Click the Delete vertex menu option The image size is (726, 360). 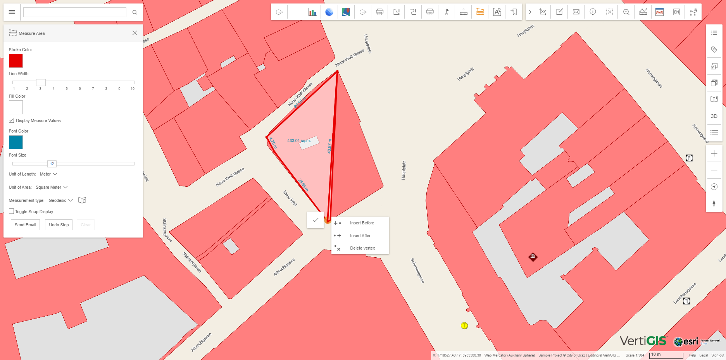point(362,248)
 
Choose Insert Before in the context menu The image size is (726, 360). point(362,223)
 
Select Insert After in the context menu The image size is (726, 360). point(360,236)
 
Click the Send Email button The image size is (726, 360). point(25,225)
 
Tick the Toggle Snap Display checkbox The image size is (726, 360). point(12,212)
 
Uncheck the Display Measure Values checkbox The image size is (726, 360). point(12,121)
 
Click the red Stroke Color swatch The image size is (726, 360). point(16,61)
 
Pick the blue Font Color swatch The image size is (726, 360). point(16,142)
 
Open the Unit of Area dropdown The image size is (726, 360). point(52,187)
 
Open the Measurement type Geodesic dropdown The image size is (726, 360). point(60,200)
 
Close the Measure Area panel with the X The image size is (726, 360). point(135,33)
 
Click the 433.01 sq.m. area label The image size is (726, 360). point(299,141)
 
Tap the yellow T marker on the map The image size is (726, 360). point(464,326)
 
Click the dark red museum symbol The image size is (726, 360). point(533,257)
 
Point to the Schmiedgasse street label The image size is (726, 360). point(417,270)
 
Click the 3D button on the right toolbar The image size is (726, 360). point(714,116)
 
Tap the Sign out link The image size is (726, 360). point(717,355)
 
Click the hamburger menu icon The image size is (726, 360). point(12,12)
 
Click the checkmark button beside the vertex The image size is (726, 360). point(316,220)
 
